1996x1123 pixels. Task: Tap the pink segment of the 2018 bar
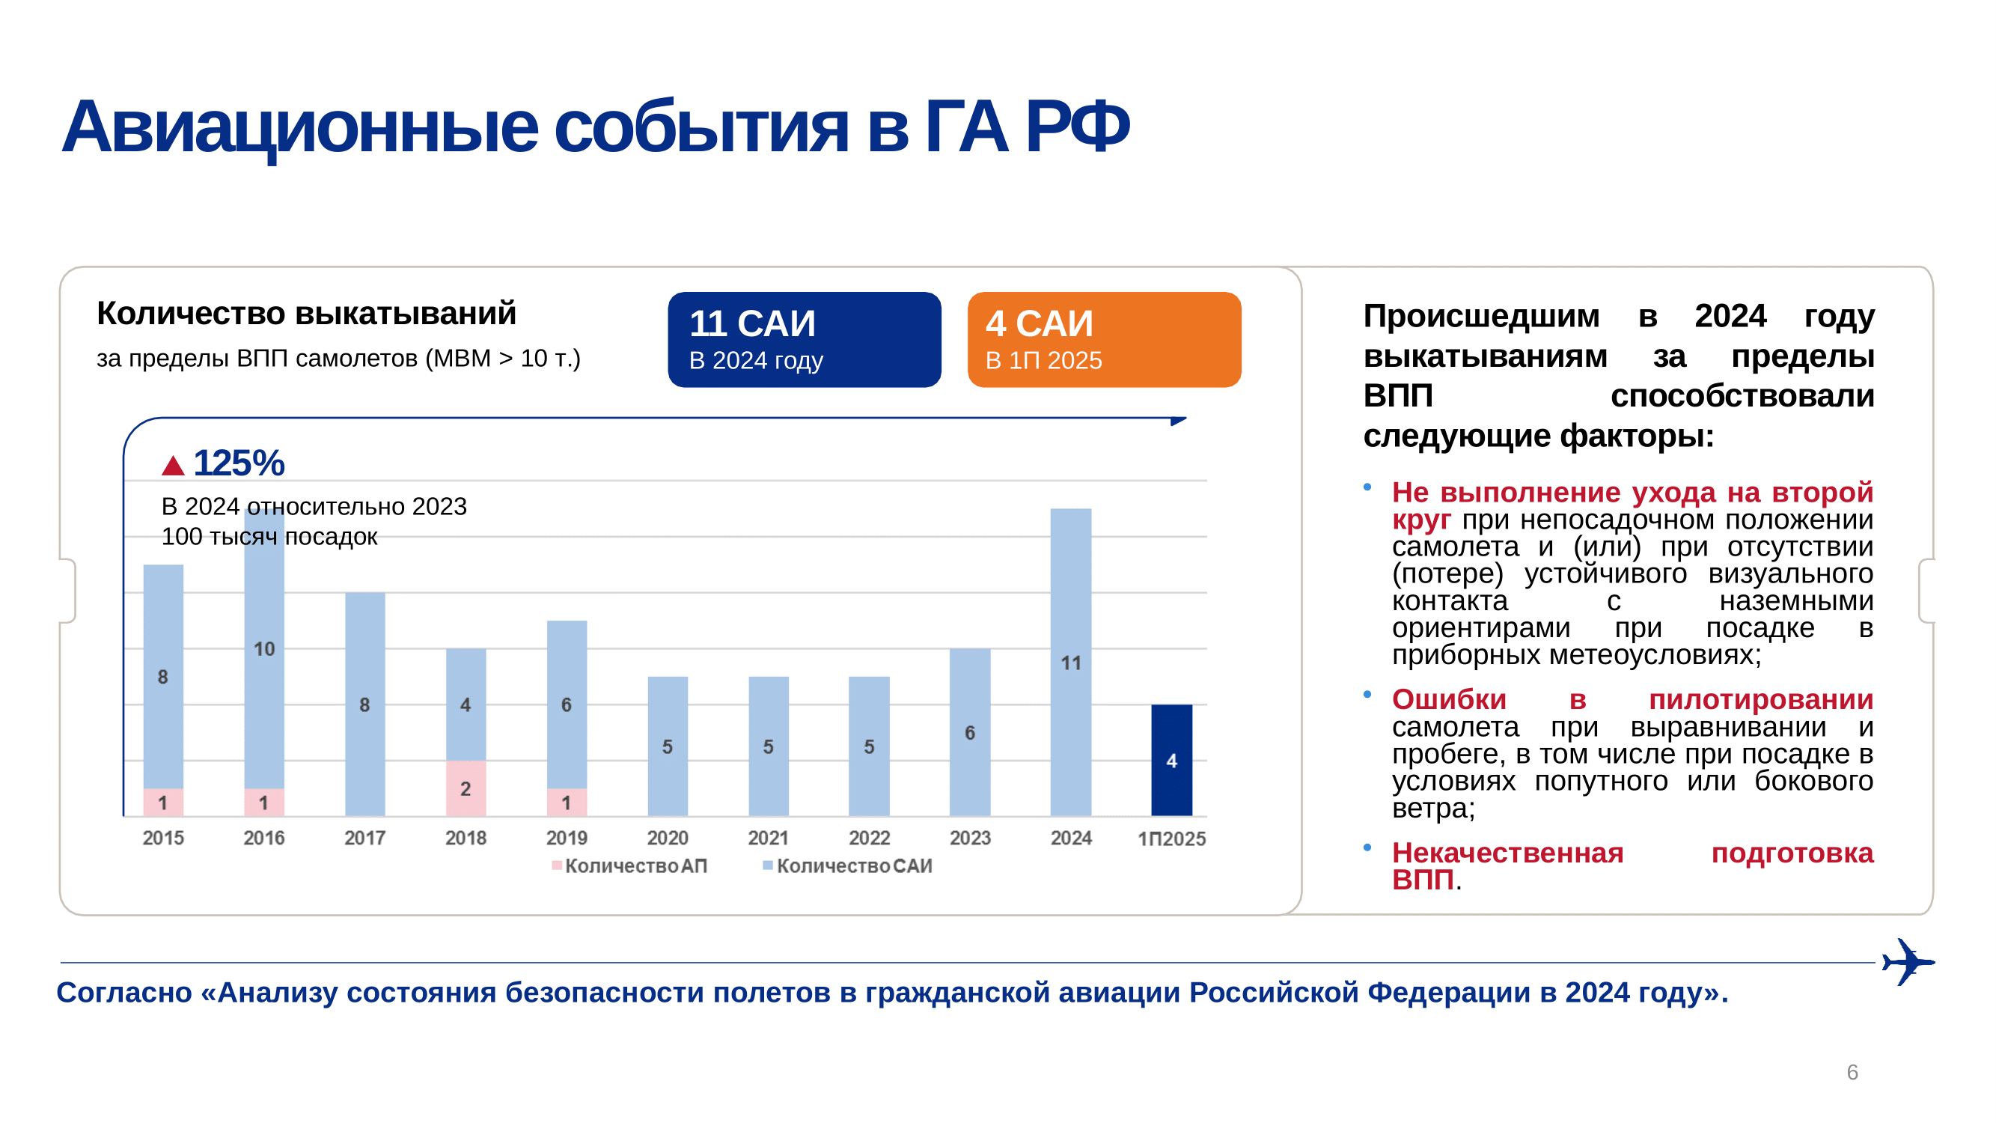[x=466, y=788]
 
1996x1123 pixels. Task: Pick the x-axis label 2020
[x=667, y=838]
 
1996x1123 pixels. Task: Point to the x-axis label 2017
[x=364, y=838]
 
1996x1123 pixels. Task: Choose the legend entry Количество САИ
[x=848, y=865]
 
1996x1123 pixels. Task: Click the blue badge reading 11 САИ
[x=804, y=339]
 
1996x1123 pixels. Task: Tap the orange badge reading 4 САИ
[x=1103, y=339]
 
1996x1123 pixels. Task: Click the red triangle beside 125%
[x=173, y=465]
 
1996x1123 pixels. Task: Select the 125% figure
[x=239, y=463]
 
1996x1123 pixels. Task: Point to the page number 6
[x=1852, y=1072]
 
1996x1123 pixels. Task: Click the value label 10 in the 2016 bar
[x=264, y=648]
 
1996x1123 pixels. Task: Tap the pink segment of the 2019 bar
[x=567, y=802]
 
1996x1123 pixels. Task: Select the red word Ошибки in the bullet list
[x=1449, y=700]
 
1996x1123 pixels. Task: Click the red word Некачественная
[x=1507, y=853]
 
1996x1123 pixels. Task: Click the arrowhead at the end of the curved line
[x=1177, y=421]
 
